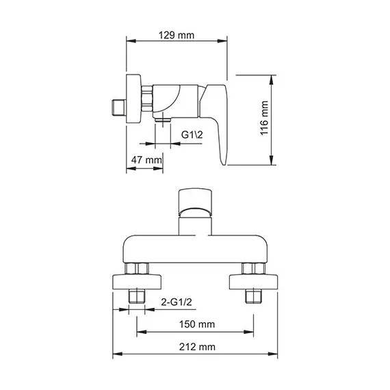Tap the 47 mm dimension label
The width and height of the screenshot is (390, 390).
click(146, 159)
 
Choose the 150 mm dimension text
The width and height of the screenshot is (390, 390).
click(196, 324)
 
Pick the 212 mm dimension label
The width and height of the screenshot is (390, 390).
click(196, 348)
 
